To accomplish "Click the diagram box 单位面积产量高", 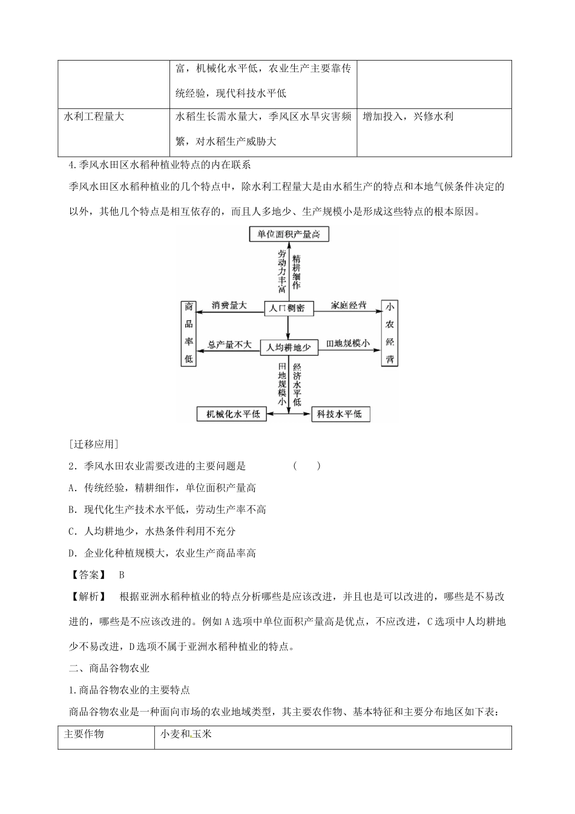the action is coord(289,234).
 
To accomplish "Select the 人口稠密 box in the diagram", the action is coord(288,308).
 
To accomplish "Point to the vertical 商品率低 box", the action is coord(188,333).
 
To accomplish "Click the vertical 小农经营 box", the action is coord(389,333).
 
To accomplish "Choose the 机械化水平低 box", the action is coord(233,414).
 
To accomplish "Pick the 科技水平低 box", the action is coord(340,414).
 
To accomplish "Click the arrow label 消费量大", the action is coord(229,305).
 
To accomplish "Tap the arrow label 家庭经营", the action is coord(349,305).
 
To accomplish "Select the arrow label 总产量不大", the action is coord(229,344).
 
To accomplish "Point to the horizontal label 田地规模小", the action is coord(348,343).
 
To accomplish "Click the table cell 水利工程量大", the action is coord(94,116).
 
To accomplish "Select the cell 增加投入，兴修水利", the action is coord(408,116).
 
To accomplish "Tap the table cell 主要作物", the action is coord(84,734).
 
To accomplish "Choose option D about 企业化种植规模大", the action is coord(162,553).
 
